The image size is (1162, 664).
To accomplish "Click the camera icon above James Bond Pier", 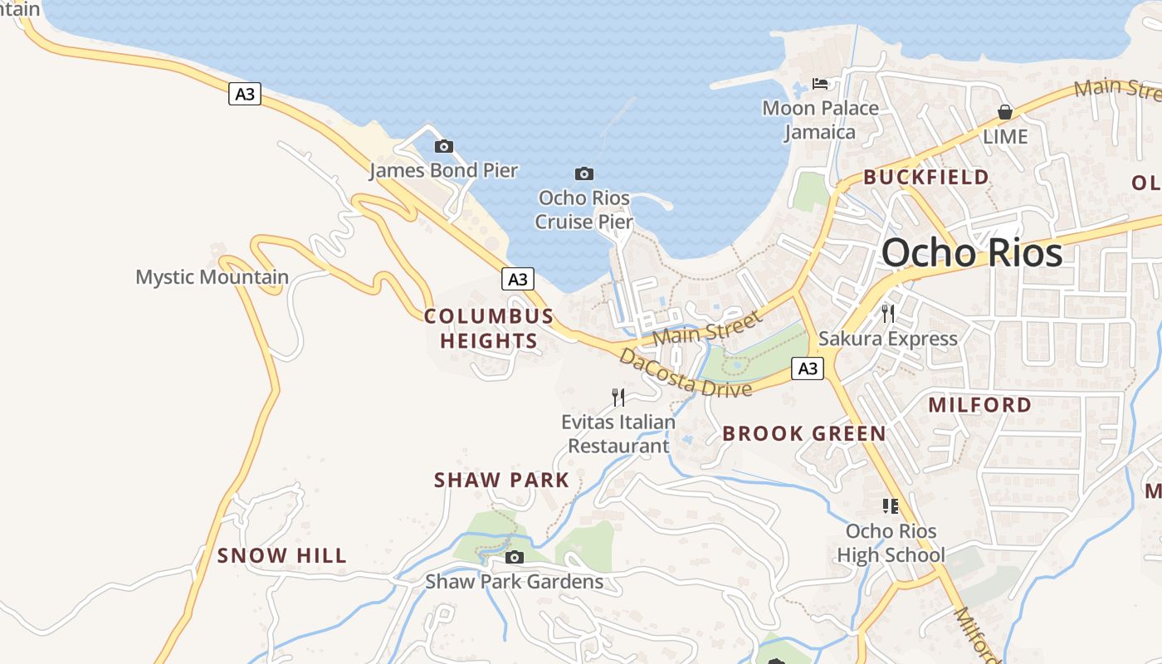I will (x=444, y=147).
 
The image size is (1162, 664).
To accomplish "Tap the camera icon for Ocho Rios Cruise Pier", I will (x=584, y=173).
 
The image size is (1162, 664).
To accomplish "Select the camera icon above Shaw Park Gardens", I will (x=515, y=557).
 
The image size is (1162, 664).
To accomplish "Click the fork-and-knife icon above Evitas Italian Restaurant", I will (x=618, y=398).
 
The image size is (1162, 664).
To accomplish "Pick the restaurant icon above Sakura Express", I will (x=888, y=313).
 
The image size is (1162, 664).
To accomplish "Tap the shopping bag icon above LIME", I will (x=1005, y=112).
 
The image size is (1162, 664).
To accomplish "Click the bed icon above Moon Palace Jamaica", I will (x=820, y=84).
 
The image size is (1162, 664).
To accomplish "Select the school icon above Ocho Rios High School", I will (x=891, y=505).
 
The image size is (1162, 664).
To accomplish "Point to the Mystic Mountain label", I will (x=212, y=276).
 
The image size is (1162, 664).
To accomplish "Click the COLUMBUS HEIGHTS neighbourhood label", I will (x=489, y=329).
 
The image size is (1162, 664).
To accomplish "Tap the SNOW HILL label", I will (x=282, y=555).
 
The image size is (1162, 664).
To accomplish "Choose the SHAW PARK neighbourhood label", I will (x=502, y=480).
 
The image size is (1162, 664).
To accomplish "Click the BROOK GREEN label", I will (x=804, y=433).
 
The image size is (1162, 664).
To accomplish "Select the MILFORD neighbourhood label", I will (x=980, y=405).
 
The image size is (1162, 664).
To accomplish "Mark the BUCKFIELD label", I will (x=926, y=177).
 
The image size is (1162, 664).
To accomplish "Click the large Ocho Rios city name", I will (x=972, y=252).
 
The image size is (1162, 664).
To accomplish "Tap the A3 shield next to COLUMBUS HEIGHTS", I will (x=517, y=279).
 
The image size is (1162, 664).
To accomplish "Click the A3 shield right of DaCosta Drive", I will (x=808, y=369).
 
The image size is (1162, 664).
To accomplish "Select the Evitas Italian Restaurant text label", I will (x=618, y=434).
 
